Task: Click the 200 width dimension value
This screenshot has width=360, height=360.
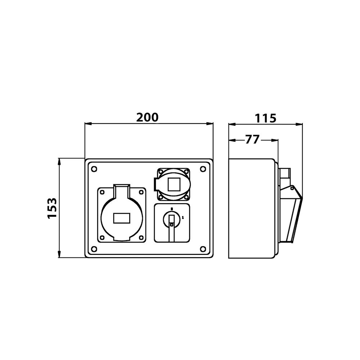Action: [x=147, y=117]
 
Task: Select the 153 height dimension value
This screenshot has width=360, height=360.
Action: [x=52, y=208]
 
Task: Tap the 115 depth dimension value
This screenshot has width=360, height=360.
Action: [x=265, y=118]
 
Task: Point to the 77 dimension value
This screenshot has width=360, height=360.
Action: [x=252, y=140]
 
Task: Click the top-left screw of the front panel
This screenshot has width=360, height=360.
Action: [x=94, y=169]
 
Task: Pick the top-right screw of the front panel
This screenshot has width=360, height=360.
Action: [x=203, y=169]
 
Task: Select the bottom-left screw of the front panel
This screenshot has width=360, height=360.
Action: [x=94, y=249]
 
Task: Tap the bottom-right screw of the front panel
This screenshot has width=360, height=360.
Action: [x=203, y=249]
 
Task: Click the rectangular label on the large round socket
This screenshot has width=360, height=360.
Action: [x=122, y=218]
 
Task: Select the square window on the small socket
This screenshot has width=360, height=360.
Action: [x=174, y=185]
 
